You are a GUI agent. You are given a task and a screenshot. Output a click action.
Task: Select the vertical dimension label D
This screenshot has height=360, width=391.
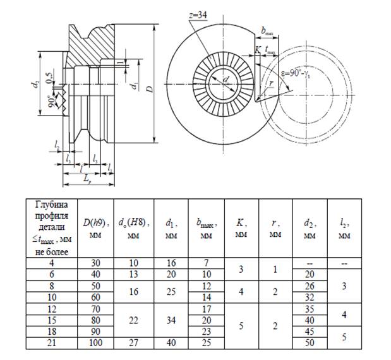150,88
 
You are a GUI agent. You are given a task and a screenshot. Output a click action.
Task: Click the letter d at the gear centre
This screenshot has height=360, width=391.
226,80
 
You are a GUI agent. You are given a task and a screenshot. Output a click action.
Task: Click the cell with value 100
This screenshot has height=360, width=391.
95,342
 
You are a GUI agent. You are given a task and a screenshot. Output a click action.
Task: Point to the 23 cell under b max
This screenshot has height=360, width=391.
206,331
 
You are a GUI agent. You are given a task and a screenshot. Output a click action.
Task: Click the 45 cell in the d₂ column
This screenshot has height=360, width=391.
310,331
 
